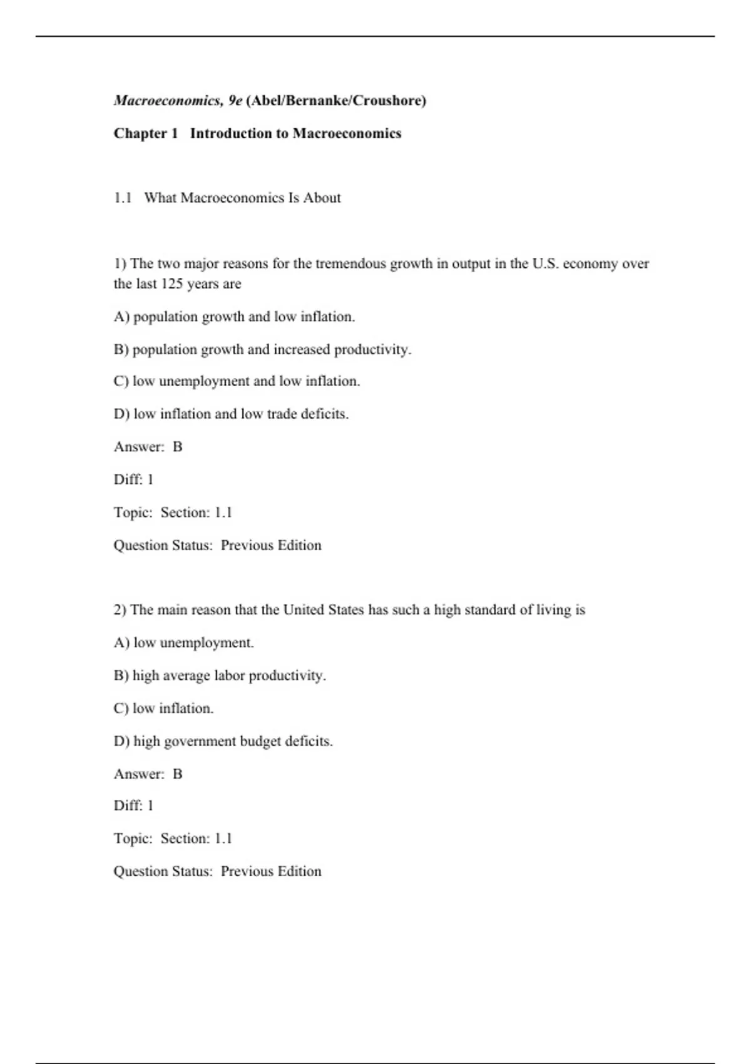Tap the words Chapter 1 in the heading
pyautogui.click(x=146, y=133)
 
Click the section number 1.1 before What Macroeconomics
pyautogui.click(x=123, y=198)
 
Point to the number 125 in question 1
pyautogui.click(x=171, y=284)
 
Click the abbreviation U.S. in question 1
pyautogui.click(x=545, y=263)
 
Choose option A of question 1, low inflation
pyautogui.click(x=234, y=317)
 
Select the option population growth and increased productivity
pyautogui.click(x=262, y=349)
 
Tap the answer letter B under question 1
pyautogui.click(x=177, y=447)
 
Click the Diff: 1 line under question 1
pyautogui.click(x=133, y=479)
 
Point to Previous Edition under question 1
pyautogui.click(x=271, y=545)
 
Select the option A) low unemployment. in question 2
pyautogui.click(x=183, y=643)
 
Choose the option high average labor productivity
pyautogui.click(x=220, y=675)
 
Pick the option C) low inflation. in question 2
pyautogui.click(x=163, y=708)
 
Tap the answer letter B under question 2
pyautogui.click(x=177, y=774)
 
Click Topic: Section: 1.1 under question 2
pyautogui.click(x=173, y=839)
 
